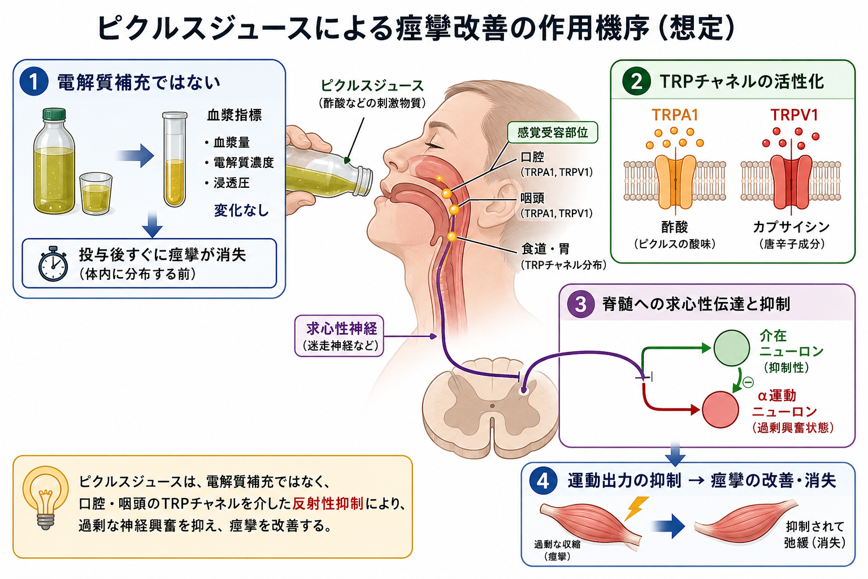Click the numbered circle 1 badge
coord(34,81)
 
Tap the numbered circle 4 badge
coord(543,481)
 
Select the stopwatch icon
coord(54,263)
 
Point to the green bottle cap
coord(54,114)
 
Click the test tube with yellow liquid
coord(175,159)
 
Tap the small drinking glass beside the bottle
coord(96,193)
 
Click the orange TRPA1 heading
coord(675,115)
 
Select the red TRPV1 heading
coord(794,115)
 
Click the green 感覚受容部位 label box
coord(553,133)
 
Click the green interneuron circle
coord(732,348)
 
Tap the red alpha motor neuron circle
coord(721,409)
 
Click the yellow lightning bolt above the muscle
coord(636,507)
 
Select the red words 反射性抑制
coord(328,504)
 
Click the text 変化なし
coord(241,210)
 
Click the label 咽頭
coord(532,198)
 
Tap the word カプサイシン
coord(791,227)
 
